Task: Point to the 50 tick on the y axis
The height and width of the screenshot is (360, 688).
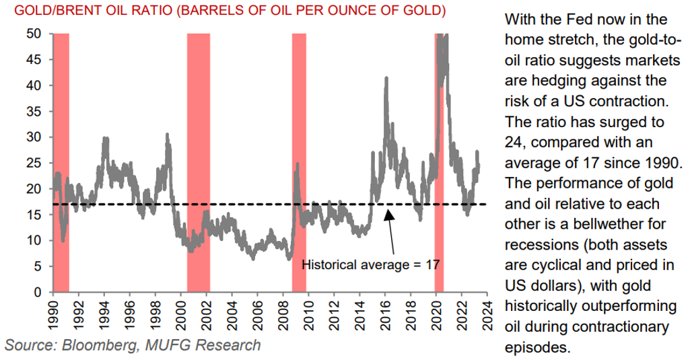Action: (39, 34)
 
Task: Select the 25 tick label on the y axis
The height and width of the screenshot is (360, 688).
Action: (39, 163)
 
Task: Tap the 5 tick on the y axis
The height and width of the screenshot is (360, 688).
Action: (42, 266)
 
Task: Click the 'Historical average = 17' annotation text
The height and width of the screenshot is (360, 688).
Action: (371, 264)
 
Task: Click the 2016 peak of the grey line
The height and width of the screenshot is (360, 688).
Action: (386, 78)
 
